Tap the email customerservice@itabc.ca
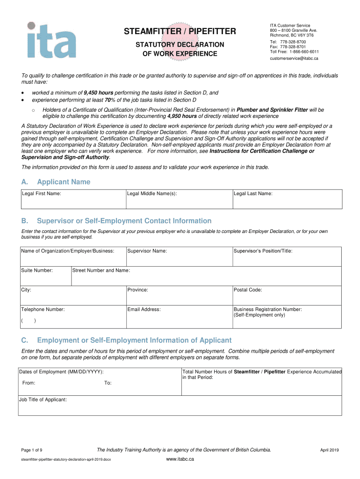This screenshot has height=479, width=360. pos(294,58)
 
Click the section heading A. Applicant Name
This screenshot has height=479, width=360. pos(56,182)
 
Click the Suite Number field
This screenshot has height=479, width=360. pos(45,276)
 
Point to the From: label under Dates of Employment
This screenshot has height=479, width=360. pos(29,383)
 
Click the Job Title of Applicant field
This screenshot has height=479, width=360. pos(180,406)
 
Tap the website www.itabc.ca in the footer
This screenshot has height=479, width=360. pos(180,459)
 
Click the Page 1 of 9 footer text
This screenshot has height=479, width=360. pos(32,450)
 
